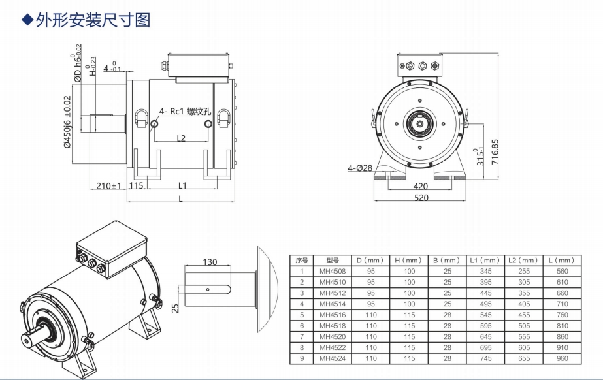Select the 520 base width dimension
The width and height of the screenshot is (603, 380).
tap(421, 198)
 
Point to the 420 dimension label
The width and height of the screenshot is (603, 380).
tap(421, 186)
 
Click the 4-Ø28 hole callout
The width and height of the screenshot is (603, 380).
tap(359, 168)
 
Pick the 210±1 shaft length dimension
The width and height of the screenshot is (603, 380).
tap(109, 186)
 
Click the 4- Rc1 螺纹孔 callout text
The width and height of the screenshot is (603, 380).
tap(184, 111)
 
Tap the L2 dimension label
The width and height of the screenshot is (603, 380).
tap(182, 138)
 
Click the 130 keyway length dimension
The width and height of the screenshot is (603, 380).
tap(209, 262)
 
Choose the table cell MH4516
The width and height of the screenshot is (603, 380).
tap(333, 315)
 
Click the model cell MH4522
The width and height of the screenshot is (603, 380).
tap(333, 347)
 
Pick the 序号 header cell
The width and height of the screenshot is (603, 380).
tap(301, 260)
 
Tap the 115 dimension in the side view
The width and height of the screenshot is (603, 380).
tap(136, 186)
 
